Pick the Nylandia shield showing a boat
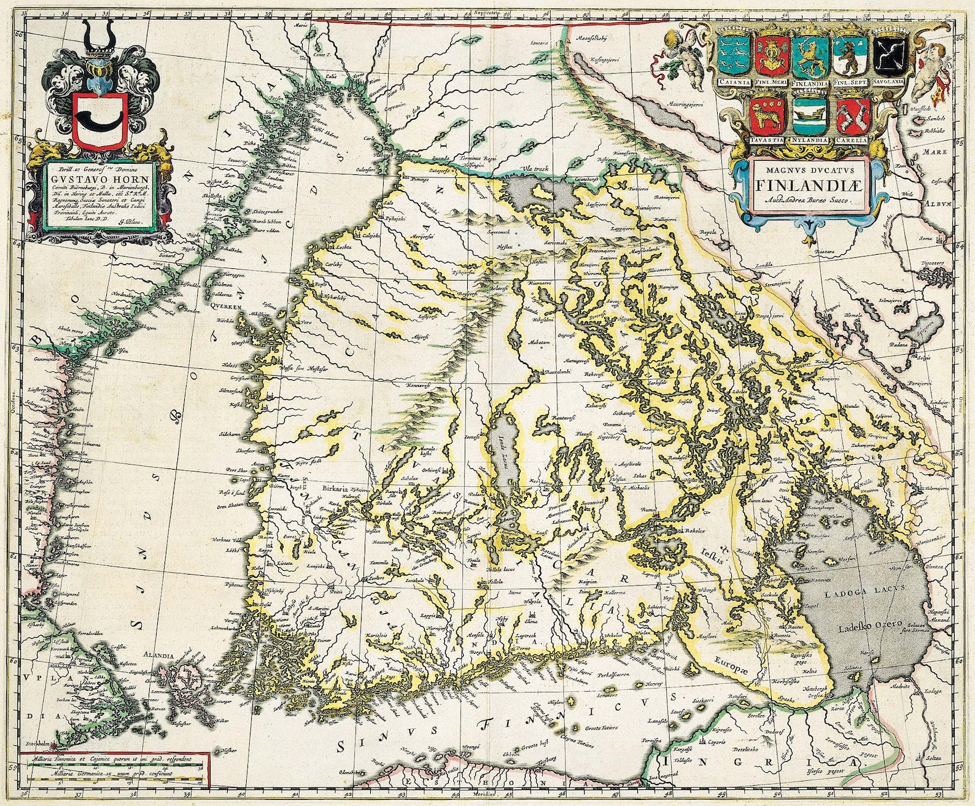click(810, 116)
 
